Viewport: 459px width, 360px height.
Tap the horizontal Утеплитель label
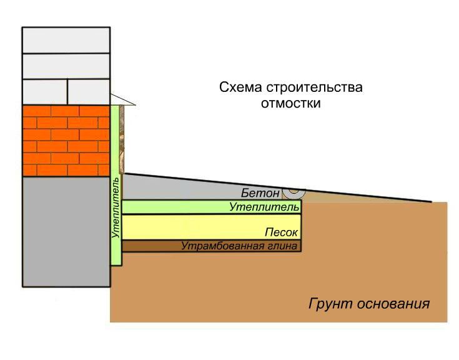point(264,206)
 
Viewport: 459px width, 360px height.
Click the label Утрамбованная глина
point(239,246)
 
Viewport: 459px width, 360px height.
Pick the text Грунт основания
point(369,304)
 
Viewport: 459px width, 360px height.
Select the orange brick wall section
point(66,140)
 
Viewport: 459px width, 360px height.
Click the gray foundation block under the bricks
point(66,231)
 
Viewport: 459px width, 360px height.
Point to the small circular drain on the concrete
point(293,189)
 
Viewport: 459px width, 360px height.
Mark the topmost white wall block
point(66,41)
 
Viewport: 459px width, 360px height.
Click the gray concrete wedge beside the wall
point(187,186)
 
